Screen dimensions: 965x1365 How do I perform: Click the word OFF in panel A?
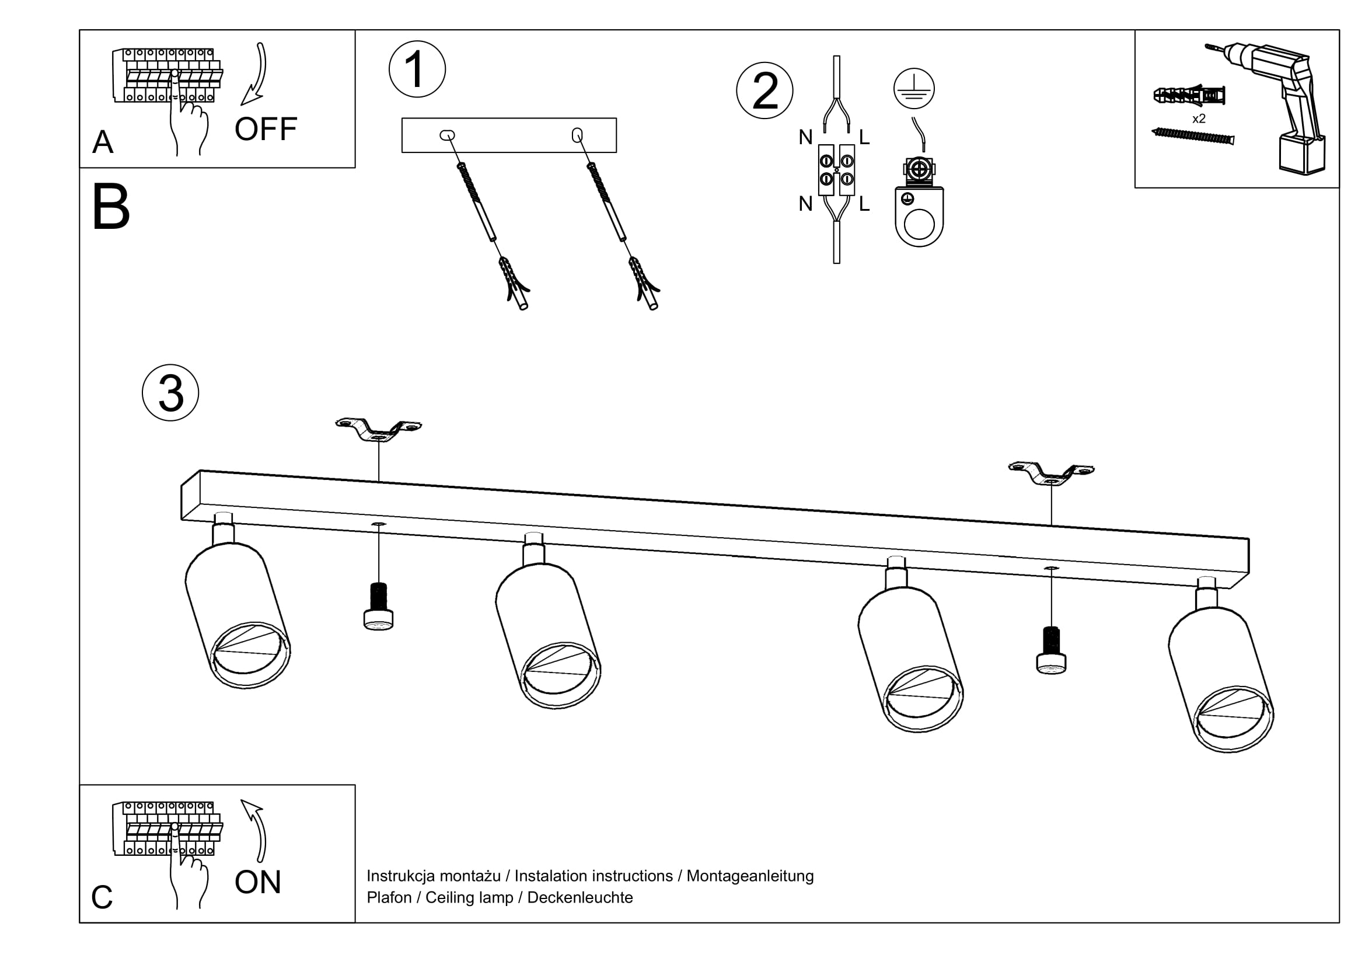[x=266, y=129]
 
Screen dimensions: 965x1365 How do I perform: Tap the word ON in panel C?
[x=257, y=882]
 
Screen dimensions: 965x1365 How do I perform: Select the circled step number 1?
[x=417, y=69]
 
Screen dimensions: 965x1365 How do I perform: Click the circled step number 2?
[x=764, y=90]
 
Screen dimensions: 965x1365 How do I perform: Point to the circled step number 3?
[x=170, y=393]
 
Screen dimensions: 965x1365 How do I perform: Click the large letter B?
[x=111, y=207]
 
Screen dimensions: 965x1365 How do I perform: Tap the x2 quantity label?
[x=1199, y=119]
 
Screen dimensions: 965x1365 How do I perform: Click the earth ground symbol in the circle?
[x=914, y=89]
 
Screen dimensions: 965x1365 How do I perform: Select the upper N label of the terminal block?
[x=805, y=137]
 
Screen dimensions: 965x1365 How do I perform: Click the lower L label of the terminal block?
[x=864, y=204]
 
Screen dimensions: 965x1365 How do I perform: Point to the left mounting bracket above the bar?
[x=379, y=429]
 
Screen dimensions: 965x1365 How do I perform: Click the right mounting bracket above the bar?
[x=1051, y=473]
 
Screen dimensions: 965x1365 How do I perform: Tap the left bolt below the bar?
[x=379, y=606]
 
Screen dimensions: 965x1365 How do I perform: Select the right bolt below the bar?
[x=1051, y=650]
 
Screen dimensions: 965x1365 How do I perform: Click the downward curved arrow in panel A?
[x=256, y=74]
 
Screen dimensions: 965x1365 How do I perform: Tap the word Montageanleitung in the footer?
[x=750, y=876]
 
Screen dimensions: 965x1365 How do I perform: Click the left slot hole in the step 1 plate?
[x=447, y=135]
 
